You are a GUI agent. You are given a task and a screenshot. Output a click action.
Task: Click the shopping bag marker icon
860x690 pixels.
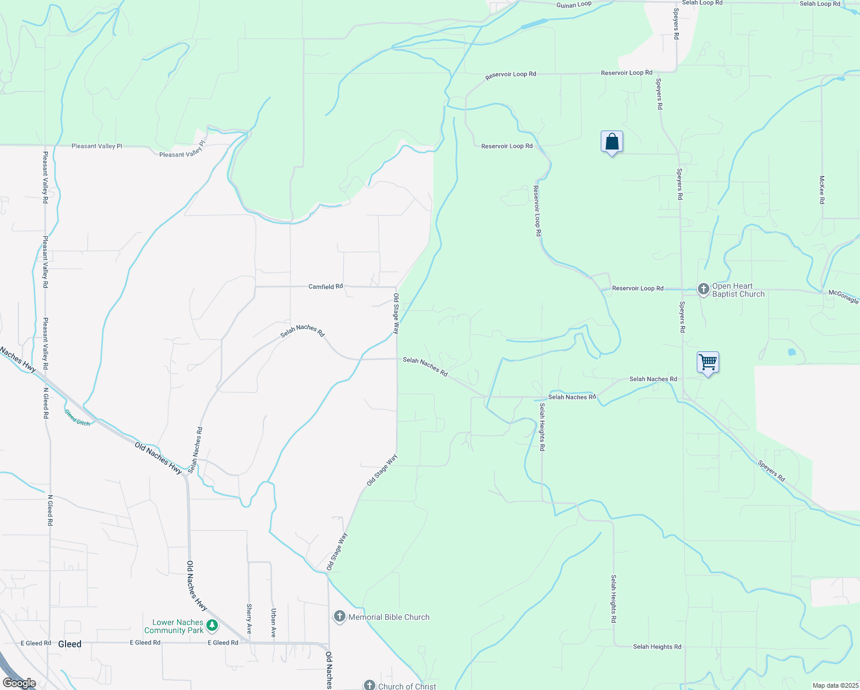[x=612, y=141]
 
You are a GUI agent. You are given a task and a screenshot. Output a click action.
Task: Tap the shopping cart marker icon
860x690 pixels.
[x=708, y=362]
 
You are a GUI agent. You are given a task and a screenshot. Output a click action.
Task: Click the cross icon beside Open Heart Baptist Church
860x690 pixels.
[x=703, y=289]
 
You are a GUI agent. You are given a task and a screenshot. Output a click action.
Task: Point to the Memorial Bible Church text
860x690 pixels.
[x=389, y=617]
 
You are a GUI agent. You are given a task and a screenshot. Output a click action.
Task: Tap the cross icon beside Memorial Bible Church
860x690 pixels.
[x=339, y=617]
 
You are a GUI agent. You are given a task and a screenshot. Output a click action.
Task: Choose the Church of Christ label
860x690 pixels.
[x=407, y=686]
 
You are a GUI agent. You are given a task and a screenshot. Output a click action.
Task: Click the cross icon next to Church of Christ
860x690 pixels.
[x=369, y=685]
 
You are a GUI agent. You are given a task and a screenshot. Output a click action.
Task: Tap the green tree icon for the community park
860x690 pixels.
[x=212, y=624]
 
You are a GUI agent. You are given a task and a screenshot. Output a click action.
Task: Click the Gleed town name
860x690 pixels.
[x=70, y=644]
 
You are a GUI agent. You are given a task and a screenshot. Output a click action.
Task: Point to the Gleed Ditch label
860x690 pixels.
[x=77, y=417]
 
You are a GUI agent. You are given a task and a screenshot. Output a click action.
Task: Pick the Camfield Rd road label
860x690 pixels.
[x=325, y=286]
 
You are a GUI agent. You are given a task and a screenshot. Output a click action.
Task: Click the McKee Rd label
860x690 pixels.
[x=822, y=190]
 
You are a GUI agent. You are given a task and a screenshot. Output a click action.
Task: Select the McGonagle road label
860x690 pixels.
[x=843, y=296]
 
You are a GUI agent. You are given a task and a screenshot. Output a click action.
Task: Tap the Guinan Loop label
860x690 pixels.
[x=574, y=5]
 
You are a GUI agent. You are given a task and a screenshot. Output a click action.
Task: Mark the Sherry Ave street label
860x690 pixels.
[x=249, y=619]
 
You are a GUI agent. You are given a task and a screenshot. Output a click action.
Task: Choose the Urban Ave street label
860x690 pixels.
[x=274, y=623]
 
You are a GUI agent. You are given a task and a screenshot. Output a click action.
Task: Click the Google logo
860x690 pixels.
[x=19, y=683]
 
